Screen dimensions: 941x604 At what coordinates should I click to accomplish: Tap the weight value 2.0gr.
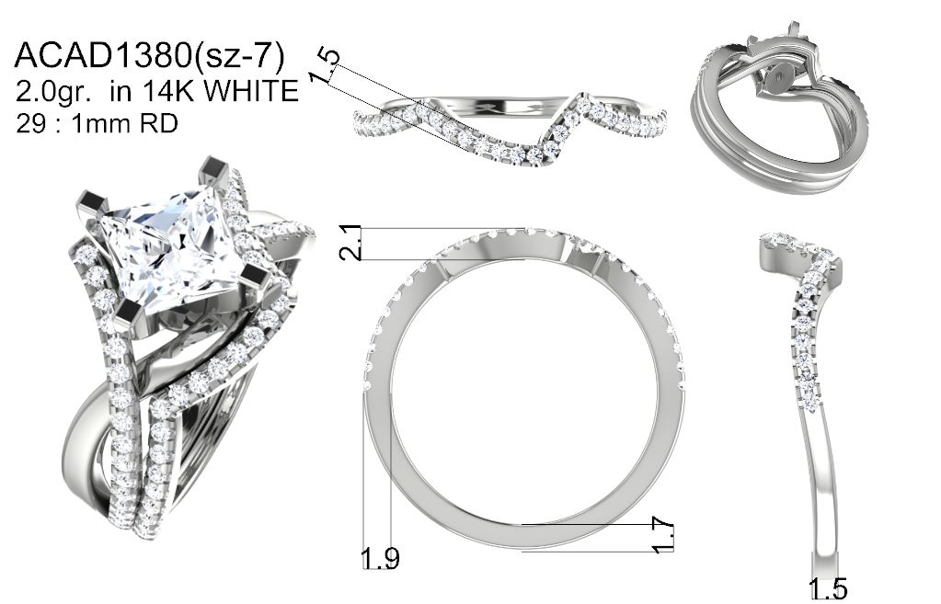pos(53,91)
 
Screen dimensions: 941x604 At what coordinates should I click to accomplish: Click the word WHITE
pos(251,91)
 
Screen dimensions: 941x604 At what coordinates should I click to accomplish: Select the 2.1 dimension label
pos(350,243)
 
